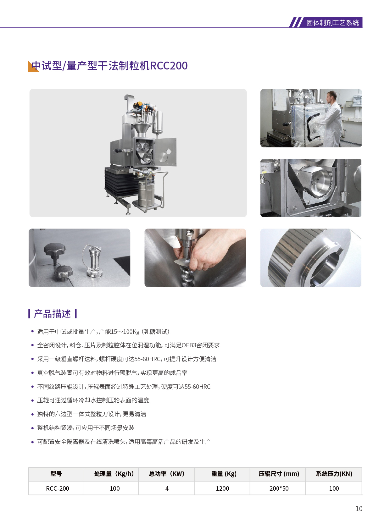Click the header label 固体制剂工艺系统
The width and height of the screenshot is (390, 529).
[332, 23]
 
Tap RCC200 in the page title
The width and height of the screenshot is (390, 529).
[169, 66]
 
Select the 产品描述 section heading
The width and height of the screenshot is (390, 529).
[52, 314]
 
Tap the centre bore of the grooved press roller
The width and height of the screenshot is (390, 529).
[327, 267]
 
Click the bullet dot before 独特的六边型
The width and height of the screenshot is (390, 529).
[33, 414]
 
